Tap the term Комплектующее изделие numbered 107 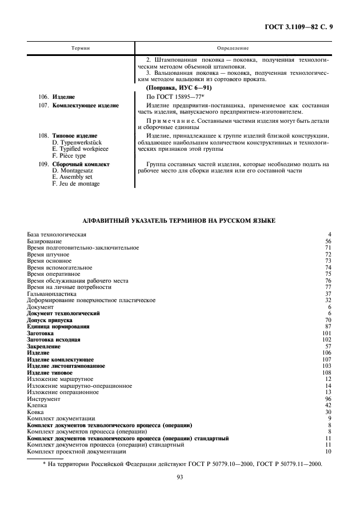click(x=86, y=106)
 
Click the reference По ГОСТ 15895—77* click(x=171, y=97)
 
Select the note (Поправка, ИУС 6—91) click(x=179, y=88)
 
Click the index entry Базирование click(x=46, y=241)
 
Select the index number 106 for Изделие click(x=327, y=353)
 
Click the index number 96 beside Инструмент click(x=328, y=399)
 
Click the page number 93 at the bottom click(x=179, y=487)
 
